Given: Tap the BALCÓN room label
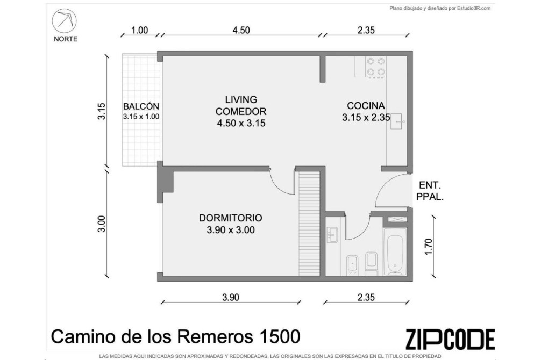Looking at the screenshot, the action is (141, 106).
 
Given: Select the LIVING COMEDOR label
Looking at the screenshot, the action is (241, 105).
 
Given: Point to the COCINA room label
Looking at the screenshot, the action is (366, 105).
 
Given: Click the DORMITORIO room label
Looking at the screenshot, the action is (231, 218).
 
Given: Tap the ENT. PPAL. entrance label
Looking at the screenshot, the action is (430, 191).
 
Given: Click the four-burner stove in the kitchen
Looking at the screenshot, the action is (376, 67).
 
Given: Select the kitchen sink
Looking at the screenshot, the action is (396, 121).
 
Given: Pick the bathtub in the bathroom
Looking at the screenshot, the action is (395, 251).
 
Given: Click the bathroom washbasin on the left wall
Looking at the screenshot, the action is (332, 234).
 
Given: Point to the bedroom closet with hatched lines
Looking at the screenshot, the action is (309, 224).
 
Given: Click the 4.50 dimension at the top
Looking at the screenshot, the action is (241, 30).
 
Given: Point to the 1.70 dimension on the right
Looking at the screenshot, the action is (428, 247).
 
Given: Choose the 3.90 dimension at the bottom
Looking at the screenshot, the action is (231, 297).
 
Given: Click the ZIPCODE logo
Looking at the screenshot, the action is (450, 339).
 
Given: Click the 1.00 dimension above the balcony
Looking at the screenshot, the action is (140, 30).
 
